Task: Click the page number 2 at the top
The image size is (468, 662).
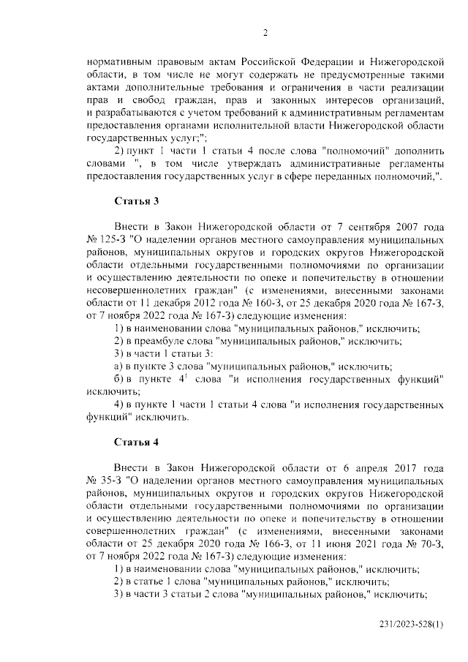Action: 266,32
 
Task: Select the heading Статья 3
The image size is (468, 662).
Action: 137,200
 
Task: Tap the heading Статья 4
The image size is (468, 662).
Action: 137,442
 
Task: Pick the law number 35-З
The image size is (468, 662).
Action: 110,481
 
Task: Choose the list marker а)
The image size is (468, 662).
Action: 118,366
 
